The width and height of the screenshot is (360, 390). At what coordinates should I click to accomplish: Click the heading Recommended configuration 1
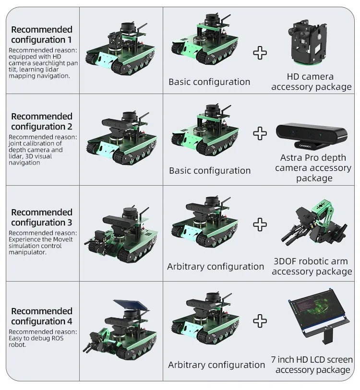42,35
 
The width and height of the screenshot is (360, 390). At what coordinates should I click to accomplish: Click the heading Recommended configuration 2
42,121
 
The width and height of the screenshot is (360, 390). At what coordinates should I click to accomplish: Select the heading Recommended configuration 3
42,217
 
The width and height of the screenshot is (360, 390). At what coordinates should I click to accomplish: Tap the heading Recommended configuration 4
42,316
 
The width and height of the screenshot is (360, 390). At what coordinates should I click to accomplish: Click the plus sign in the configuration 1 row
260,53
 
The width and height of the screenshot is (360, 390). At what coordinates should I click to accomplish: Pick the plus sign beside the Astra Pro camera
260,133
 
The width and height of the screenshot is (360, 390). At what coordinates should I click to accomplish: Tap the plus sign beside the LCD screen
260,320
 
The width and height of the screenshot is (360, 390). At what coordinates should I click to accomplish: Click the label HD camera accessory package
311,82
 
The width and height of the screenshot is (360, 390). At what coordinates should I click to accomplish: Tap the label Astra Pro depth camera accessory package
313,168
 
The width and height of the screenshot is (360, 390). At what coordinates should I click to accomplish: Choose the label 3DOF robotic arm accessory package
312,266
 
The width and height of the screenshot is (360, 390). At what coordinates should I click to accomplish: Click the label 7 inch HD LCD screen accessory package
312,365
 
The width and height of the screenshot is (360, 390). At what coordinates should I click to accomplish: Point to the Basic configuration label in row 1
209,82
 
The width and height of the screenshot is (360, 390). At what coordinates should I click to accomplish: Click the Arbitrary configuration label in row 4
216,365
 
